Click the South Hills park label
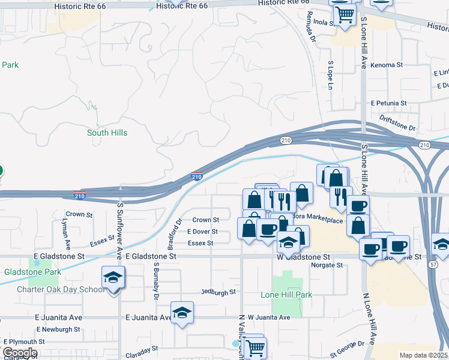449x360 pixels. coord(107,133)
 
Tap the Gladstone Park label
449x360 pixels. coord(33,272)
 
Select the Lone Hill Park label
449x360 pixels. coord(286,295)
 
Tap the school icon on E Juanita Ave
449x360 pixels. coord(182,313)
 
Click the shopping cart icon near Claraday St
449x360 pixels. coord(255,347)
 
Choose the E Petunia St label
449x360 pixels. coord(388,103)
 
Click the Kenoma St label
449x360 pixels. coord(386,65)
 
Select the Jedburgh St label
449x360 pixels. coord(219,292)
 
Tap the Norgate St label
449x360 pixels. coord(327,265)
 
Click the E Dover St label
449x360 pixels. coord(202,232)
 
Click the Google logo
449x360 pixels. coord(20,353)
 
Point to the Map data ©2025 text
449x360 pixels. coord(423,355)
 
